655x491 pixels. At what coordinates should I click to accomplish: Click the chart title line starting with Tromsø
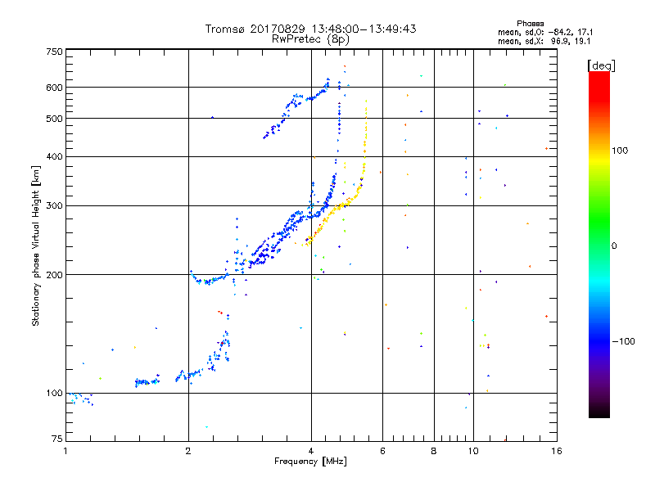click(x=311, y=29)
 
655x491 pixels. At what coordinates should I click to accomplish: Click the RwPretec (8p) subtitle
click(x=311, y=38)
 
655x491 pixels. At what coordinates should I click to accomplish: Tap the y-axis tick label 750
click(x=54, y=52)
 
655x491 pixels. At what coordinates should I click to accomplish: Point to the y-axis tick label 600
click(x=54, y=88)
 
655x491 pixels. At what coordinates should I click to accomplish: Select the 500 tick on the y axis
click(x=54, y=119)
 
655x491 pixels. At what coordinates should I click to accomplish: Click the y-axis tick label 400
click(x=54, y=156)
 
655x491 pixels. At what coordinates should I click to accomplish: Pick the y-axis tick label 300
click(x=54, y=205)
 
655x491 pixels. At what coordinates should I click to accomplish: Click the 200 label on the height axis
click(x=54, y=275)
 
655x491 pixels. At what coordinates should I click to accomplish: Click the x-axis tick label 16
click(x=556, y=451)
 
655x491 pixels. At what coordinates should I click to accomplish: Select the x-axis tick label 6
click(x=382, y=451)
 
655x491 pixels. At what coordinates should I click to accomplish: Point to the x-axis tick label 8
click(x=434, y=451)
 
